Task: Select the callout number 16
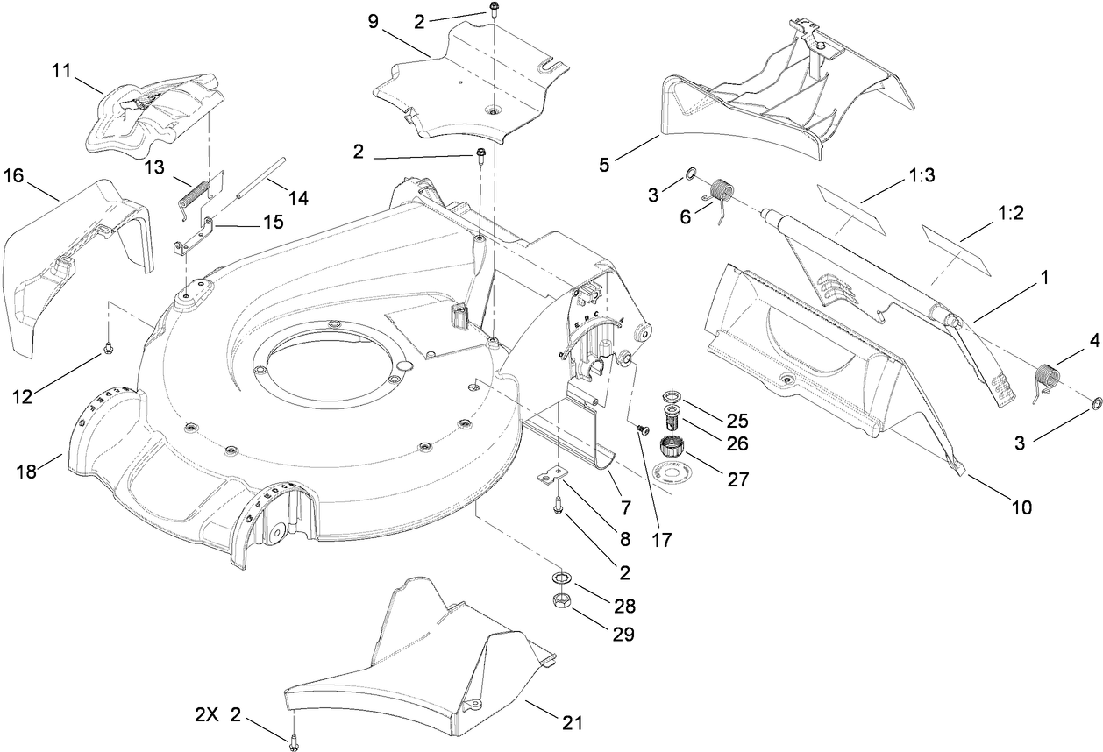coord(13,176)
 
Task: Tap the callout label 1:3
coord(920,175)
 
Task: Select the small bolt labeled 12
coord(107,349)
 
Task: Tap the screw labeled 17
coord(643,429)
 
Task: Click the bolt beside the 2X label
coord(290,741)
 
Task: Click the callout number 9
coord(374,21)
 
